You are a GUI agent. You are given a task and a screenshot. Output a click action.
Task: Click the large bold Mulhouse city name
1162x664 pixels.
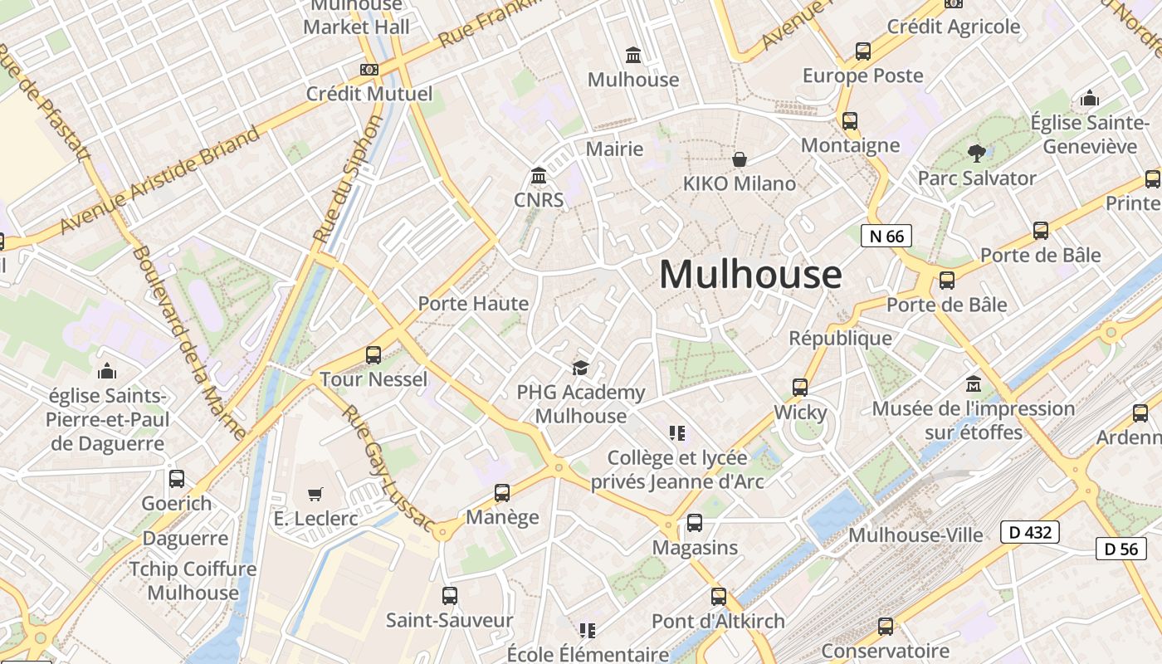tap(750, 275)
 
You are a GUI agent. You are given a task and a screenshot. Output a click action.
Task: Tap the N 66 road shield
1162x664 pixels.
tap(886, 237)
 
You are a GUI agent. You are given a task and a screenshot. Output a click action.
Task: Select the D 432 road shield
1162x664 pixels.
tap(1029, 532)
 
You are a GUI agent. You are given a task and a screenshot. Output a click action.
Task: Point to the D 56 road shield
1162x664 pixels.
tap(1120, 549)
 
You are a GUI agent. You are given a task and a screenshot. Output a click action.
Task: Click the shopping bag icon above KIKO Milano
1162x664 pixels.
tap(739, 159)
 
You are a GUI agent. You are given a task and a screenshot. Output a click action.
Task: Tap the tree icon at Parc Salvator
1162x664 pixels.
tap(977, 154)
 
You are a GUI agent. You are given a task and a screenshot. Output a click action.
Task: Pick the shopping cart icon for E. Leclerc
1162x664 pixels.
tap(315, 495)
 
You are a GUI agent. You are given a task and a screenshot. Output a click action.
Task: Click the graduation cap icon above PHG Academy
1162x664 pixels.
tap(580, 368)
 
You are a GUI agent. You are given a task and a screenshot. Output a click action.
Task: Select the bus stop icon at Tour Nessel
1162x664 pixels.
tap(373, 355)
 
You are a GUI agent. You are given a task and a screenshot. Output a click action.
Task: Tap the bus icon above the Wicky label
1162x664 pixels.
tap(800, 388)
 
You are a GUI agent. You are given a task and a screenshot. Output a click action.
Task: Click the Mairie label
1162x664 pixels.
tap(614, 149)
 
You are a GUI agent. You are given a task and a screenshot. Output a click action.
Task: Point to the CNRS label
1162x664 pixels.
tap(539, 200)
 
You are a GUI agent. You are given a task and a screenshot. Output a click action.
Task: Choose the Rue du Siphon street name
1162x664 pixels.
tap(348, 179)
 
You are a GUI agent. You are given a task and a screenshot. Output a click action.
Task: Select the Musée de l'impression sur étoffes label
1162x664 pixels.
tap(973, 420)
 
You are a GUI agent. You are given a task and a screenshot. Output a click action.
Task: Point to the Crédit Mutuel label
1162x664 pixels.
tap(369, 94)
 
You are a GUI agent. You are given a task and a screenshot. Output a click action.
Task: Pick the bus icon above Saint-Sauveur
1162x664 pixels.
tap(449, 596)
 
